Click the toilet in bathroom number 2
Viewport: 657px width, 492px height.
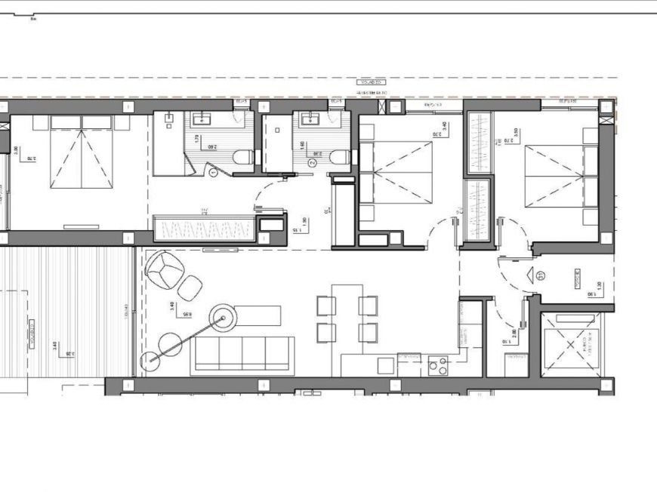[x=340, y=158]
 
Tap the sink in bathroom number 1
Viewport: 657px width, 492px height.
[x=202, y=118]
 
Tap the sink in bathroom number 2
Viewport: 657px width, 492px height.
[x=310, y=118]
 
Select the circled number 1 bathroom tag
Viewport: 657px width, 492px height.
[x=213, y=173]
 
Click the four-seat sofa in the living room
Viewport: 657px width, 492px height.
[x=242, y=355]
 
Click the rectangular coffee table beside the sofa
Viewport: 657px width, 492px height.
[x=257, y=315]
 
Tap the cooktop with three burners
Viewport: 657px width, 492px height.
[x=438, y=365]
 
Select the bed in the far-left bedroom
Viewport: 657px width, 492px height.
[x=81, y=156]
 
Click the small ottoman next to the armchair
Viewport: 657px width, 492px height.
[x=190, y=288]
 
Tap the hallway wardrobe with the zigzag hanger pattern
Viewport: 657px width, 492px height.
[x=204, y=228]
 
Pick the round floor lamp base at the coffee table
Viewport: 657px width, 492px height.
[x=224, y=318]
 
